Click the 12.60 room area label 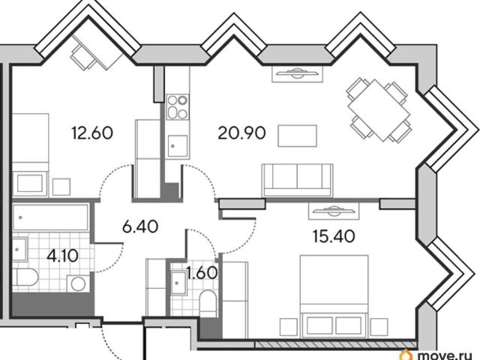[x=92, y=133]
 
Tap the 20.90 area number [x=241, y=133]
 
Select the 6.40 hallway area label [x=140, y=226]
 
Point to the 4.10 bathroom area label [x=62, y=256]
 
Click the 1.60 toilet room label [x=202, y=273]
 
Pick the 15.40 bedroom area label [x=334, y=236]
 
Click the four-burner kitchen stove [x=178, y=106]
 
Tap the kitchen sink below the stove [x=178, y=146]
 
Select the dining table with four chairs [x=379, y=110]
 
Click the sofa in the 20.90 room [x=297, y=180]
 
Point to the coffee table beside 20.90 [x=297, y=136]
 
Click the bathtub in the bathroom [x=51, y=217]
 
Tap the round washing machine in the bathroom [x=78, y=283]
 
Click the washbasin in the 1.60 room [x=178, y=283]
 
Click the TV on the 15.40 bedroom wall [x=334, y=211]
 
